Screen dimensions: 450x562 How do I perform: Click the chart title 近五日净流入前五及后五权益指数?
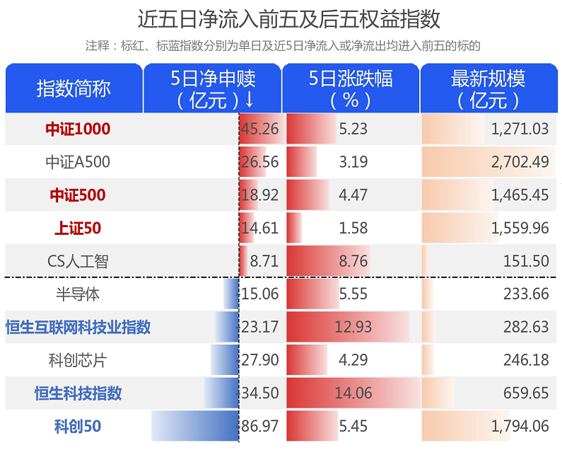click(x=281, y=18)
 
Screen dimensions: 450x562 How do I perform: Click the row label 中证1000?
click(x=78, y=129)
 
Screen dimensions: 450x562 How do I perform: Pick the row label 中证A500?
click(x=78, y=162)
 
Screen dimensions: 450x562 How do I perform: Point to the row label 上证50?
click(x=78, y=228)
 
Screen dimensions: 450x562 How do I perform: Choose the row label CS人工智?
click(x=78, y=261)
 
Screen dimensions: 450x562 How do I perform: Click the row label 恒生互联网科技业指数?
click(x=78, y=327)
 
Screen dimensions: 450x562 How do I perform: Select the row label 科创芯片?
click(x=78, y=360)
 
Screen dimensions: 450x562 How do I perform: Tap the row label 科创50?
click(x=78, y=427)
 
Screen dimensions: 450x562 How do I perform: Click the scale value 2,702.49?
click(x=520, y=162)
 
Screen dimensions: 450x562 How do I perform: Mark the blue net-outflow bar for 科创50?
click(x=195, y=427)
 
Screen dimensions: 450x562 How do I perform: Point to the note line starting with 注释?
click(x=283, y=46)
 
